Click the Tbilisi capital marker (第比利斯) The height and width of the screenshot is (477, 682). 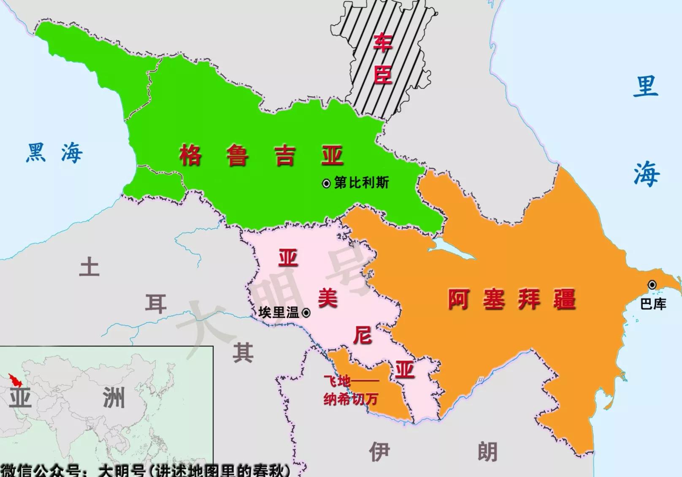[x=326, y=184]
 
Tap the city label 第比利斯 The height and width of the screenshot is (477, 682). [x=361, y=183]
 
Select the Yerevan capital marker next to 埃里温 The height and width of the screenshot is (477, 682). [x=306, y=313]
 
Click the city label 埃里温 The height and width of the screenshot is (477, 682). [x=279, y=313]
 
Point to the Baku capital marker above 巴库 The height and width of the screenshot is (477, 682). [x=652, y=285]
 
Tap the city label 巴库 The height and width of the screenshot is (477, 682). [x=653, y=304]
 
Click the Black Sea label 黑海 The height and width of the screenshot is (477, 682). [x=54, y=153]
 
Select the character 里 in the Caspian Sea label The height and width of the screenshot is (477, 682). [x=646, y=86]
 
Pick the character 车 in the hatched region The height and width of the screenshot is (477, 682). [x=383, y=43]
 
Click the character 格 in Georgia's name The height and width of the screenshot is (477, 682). [x=191, y=155]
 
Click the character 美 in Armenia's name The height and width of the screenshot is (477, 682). [x=327, y=298]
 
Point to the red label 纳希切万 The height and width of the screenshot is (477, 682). [x=350, y=399]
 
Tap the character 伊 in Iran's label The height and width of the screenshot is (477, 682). [x=379, y=452]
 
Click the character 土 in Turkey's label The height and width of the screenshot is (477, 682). [x=89, y=267]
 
